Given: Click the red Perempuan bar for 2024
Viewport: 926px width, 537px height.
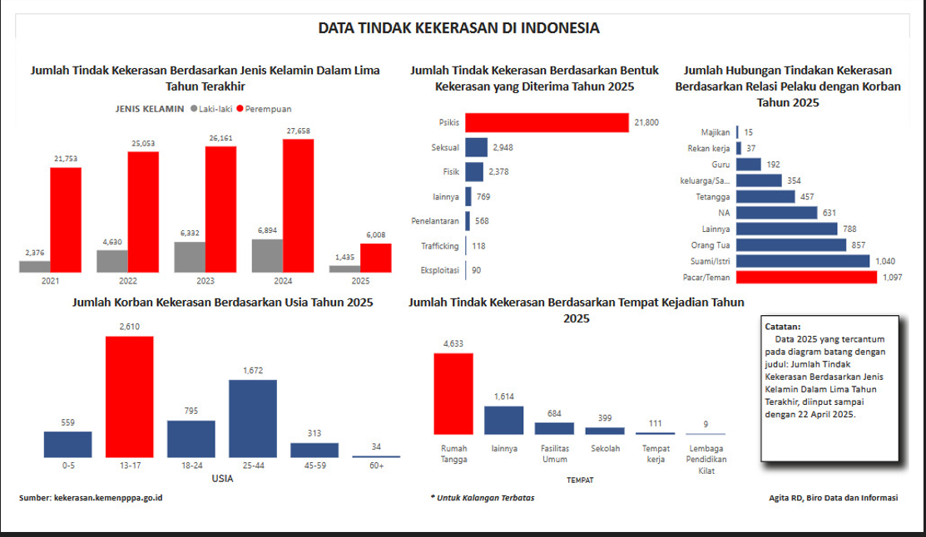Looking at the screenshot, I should pyautogui.click(x=298, y=205).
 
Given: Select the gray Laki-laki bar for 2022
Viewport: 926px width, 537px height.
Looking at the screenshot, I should pyautogui.click(x=112, y=260).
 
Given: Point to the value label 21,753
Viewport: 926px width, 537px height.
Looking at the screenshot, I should pyautogui.click(x=66, y=159).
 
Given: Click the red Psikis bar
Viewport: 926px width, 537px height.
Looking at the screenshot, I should pyautogui.click(x=547, y=122).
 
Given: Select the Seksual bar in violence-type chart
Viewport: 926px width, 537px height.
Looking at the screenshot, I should pyautogui.click(x=476, y=147).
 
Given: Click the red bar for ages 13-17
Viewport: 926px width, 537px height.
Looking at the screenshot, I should pyautogui.click(x=129, y=397).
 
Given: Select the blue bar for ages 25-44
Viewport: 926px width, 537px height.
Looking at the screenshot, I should pyautogui.click(x=252, y=418).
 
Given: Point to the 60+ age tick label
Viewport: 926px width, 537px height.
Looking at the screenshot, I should pyautogui.click(x=376, y=466).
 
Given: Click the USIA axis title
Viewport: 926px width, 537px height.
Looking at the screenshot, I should pyautogui.click(x=222, y=479).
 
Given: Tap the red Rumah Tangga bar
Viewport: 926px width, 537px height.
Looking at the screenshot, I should pyautogui.click(x=453, y=393).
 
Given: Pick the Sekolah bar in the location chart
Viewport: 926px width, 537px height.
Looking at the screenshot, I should pyautogui.click(x=605, y=431).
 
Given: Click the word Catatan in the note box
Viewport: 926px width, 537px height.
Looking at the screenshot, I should pyautogui.click(x=782, y=328).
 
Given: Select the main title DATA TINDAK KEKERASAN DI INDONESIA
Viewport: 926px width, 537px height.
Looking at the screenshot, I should pyautogui.click(x=458, y=28).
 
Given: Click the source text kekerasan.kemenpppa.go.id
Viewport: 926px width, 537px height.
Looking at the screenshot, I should pyautogui.click(x=107, y=498).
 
